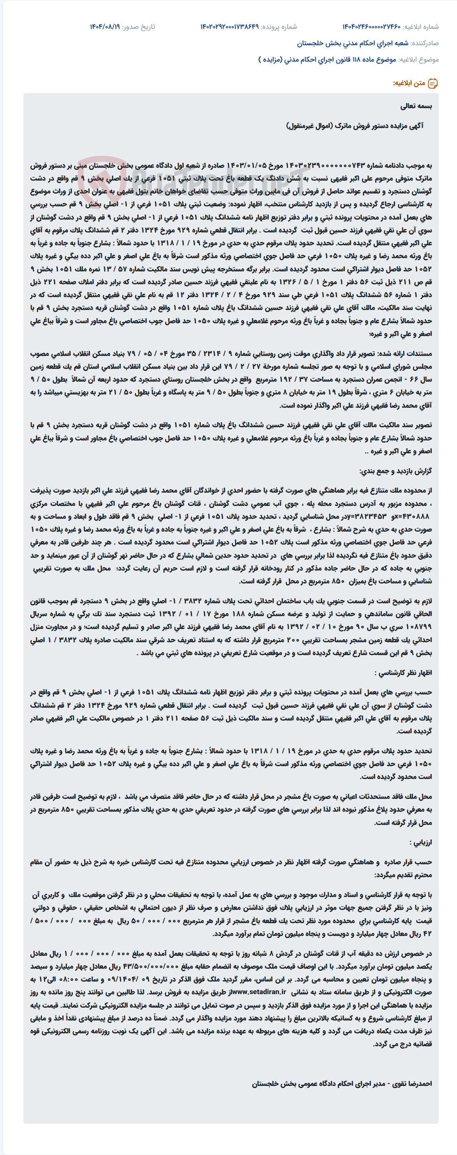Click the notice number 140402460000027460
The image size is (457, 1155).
click(x=371, y=27)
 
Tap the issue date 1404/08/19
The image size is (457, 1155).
click(x=105, y=27)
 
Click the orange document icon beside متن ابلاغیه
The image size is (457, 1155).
click(x=433, y=83)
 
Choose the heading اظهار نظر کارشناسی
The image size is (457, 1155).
click(x=403, y=673)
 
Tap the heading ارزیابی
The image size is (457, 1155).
click(x=421, y=843)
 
